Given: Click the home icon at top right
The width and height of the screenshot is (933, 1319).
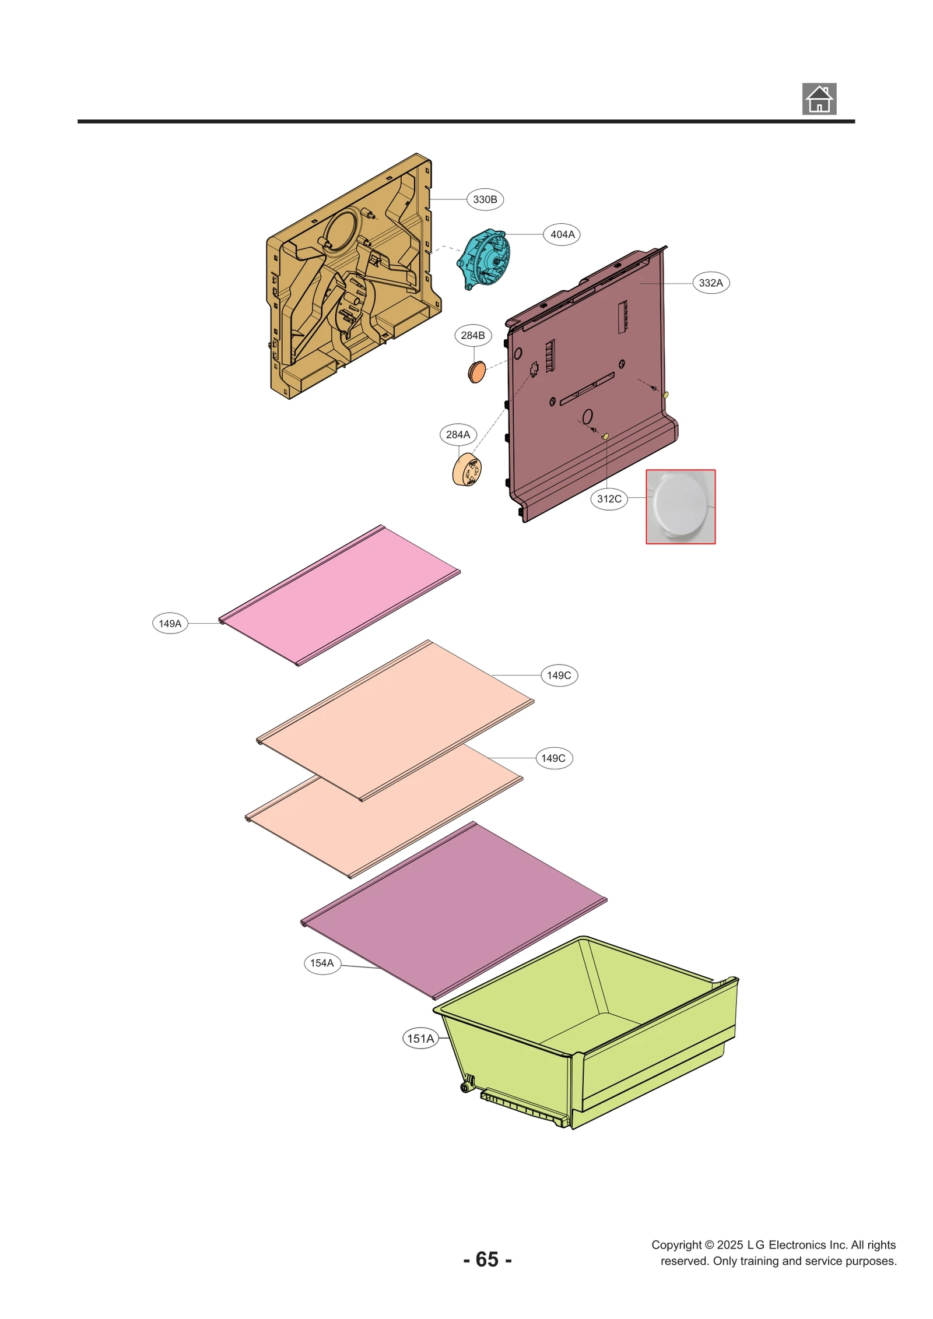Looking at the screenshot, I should point(819,99).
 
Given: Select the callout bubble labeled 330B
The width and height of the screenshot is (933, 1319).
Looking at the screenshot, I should point(485,199).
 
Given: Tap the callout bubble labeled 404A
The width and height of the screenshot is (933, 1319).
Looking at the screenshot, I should point(562,234).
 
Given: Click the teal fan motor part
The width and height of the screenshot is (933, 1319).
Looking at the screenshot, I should point(485,258).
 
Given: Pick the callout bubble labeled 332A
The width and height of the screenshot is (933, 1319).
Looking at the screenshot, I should point(710,283).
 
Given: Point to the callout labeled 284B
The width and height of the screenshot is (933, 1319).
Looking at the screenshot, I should point(472,335).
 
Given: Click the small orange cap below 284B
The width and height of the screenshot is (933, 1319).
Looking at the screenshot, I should point(476,371).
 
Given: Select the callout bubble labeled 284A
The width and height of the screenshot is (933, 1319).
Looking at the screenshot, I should point(458,434).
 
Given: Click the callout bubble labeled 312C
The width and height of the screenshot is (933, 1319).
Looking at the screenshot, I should point(609,499).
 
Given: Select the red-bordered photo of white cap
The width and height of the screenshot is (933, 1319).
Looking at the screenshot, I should point(680,507).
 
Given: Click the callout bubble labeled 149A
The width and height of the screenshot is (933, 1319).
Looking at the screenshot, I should point(170,623).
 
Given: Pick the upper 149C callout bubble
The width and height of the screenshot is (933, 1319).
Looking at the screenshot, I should point(559,675).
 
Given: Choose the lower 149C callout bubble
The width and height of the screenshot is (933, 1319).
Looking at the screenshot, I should point(553,758).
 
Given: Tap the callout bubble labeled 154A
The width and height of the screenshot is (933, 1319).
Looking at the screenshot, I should point(322,963).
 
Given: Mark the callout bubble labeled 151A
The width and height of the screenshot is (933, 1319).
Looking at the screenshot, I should point(420,1038).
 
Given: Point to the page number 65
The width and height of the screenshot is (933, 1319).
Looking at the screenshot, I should point(487,1259).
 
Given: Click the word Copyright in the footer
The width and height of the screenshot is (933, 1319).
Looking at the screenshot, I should point(676,1244).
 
